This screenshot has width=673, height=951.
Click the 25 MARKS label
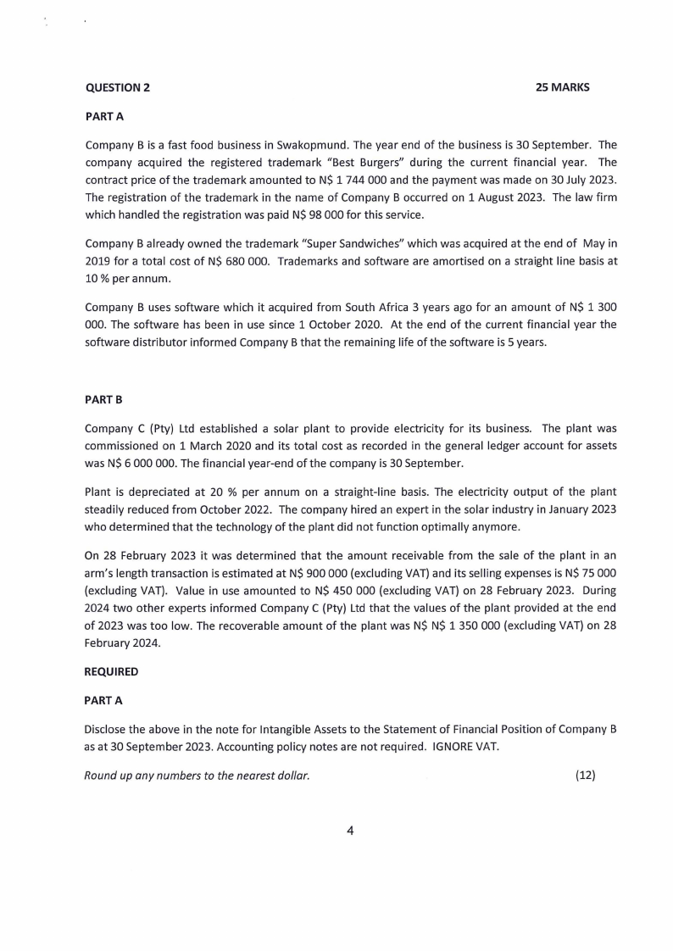[563, 87]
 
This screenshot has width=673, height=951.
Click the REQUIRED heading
[111, 670]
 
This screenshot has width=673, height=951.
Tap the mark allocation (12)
[585, 776]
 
